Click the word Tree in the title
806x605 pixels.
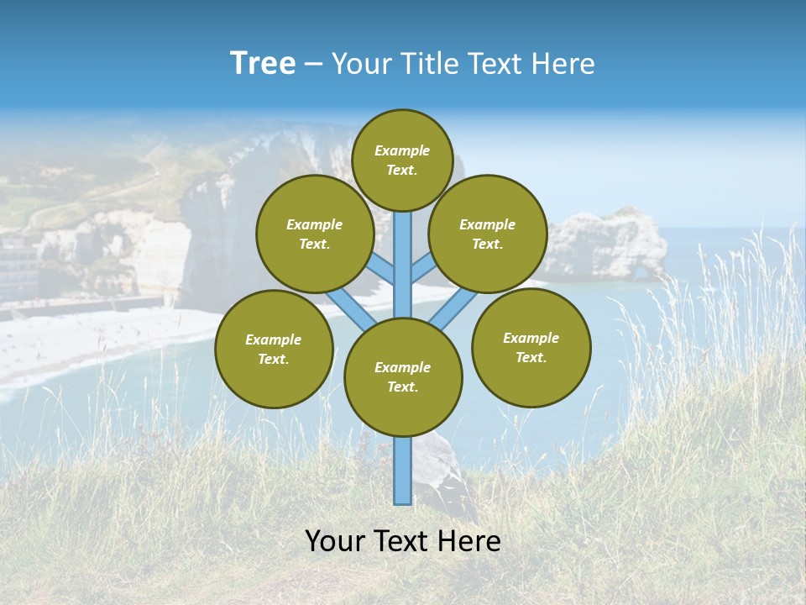263,64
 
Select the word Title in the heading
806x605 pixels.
432,64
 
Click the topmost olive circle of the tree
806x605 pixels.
402,160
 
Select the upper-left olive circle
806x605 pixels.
315,234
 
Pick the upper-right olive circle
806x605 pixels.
488,234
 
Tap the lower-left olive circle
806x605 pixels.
274,349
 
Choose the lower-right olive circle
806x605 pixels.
531,347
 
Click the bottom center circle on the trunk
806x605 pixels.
403,377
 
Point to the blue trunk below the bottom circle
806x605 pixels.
403,471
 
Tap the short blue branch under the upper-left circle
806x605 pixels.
381,271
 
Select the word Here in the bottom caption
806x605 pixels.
473,541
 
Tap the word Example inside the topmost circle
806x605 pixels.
402,151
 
